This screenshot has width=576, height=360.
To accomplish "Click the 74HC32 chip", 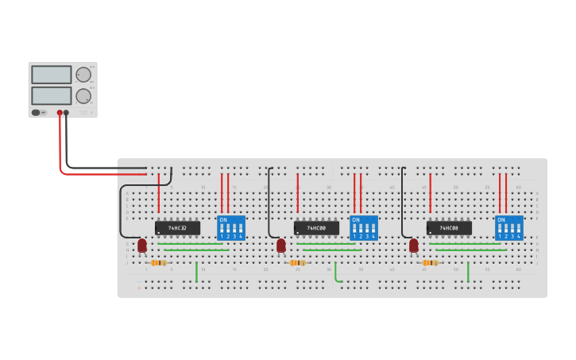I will tap(177, 228).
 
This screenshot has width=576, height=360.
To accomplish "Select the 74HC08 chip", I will tap(449, 228).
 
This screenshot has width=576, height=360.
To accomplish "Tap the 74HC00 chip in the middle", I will tap(316, 228).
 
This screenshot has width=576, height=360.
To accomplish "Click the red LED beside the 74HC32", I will tap(142, 246).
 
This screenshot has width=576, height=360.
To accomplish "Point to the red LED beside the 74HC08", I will tap(414, 246).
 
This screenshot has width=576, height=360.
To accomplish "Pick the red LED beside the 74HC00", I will tap(281, 246).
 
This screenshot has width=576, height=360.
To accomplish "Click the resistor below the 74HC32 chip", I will tap(158, 262).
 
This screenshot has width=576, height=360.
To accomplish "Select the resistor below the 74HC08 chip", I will tap(430, 262).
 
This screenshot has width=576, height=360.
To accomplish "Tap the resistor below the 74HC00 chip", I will tap(298, 262).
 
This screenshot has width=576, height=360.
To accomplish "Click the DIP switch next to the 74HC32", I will tap(231, 228).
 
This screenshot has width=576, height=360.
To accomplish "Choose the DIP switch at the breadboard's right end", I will tap(509, 228).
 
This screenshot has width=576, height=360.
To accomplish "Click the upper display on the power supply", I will tap(52, 75).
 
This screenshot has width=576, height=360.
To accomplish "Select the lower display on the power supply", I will tap(52, 96).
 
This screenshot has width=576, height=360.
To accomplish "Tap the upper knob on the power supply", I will tap(83, 75).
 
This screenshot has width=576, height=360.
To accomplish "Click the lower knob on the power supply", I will tap(83, 96).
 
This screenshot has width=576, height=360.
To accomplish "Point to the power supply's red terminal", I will tap(60, 113).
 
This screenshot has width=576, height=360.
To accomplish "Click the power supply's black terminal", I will tap(66, 113).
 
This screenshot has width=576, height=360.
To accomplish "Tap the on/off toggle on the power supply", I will tap(37, 113).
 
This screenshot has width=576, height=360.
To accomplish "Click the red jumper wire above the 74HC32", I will tap(159, 194).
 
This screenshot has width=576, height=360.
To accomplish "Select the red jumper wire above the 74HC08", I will tap(430, 194).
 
